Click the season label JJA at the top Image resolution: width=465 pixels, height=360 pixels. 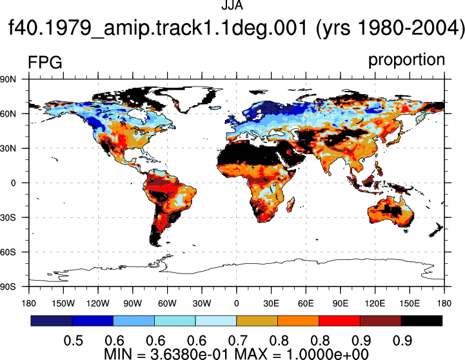232,5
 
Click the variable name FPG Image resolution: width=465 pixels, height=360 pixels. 45,63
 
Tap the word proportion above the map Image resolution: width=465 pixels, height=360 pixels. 406,60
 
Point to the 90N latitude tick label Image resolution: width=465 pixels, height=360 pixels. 8,79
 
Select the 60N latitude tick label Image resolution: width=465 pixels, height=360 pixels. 8,114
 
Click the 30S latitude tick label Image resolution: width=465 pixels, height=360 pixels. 8,217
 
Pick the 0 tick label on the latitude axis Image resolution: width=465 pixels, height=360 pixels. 13,183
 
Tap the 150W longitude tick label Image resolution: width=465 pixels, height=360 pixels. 63,303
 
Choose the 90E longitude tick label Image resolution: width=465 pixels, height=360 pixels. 340,303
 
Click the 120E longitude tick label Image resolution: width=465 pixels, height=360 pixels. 375,303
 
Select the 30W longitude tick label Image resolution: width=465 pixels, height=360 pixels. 202,303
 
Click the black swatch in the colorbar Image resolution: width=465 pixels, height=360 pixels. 421,321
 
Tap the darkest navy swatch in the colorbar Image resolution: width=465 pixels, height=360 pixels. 52,321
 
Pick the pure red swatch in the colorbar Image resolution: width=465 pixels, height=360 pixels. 339,321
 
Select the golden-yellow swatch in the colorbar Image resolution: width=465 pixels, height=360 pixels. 257,321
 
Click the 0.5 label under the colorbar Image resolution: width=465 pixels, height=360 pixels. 73,341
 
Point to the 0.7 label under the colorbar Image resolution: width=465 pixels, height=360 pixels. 238,341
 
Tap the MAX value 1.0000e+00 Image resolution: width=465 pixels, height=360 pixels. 331,354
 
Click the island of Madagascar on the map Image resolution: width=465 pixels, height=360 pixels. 291,205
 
